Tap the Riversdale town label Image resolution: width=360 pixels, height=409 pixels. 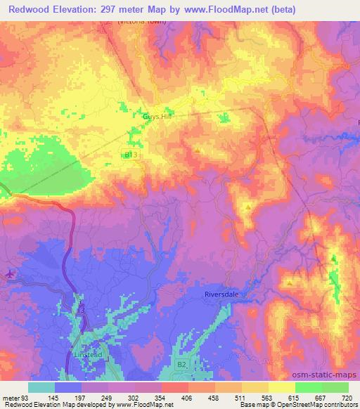click(222, 294)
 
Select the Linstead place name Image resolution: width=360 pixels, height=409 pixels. click(88, 356)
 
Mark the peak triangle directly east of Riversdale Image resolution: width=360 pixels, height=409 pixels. click(290, 283)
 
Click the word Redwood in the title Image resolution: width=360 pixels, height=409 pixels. click(23, 10)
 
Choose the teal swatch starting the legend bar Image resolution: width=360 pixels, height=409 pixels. click(41, 387)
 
